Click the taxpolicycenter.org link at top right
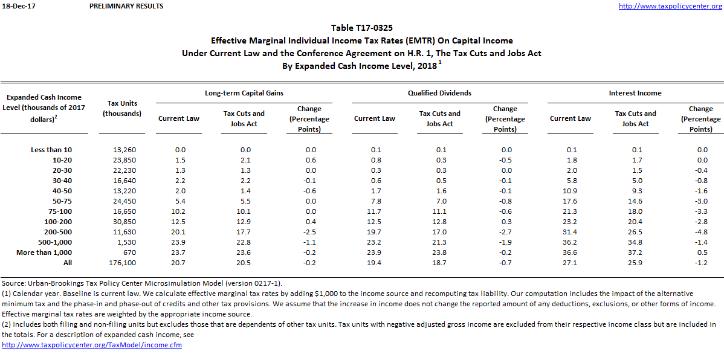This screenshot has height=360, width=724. (670, 6)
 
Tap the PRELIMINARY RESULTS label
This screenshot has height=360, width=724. (126, 6)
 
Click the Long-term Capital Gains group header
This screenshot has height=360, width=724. (244, 93)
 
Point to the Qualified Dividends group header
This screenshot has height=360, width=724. (439, 93)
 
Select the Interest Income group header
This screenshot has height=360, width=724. (635, 93)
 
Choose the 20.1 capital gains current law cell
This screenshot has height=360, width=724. (179, 232)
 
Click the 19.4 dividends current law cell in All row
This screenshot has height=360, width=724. (375, 263)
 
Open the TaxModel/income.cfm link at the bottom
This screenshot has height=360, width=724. (92, 345)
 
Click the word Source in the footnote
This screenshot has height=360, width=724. (14, 283)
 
